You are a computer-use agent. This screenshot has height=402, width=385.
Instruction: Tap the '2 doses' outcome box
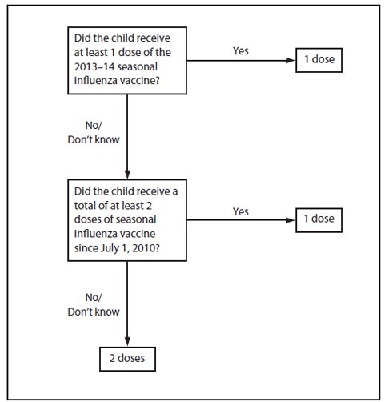[126, 358]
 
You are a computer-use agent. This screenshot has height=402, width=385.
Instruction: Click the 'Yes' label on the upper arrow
[240, 51]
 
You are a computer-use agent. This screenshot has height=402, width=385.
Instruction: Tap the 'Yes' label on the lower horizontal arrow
[240, 211]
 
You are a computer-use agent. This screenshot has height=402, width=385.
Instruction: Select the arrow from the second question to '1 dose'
[240, 219]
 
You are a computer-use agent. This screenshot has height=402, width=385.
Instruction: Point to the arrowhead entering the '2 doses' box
[126, 341]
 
